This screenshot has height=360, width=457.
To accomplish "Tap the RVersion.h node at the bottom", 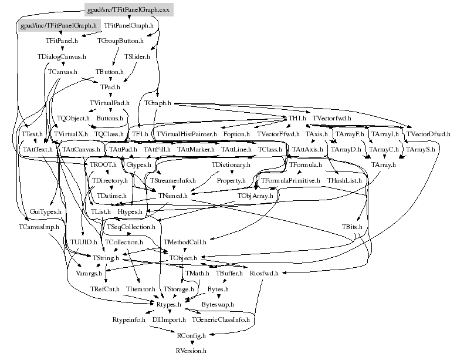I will click(x=191, y=351).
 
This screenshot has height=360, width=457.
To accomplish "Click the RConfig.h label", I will click(x=191, y=335).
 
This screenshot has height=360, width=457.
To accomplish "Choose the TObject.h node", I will click(x=187, y=258).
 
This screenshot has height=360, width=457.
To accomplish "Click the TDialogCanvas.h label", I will click(x=62, y=56).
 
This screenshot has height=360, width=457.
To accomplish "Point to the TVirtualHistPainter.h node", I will click(x=187, y=134).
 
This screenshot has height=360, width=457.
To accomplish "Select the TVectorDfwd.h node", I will click(x=428, y=134).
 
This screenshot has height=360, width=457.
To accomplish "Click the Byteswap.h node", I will click(x=218, y=305).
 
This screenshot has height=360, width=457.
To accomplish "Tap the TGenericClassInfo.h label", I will click(x=221, y=320).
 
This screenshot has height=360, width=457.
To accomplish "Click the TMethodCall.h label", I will click(x=185, y=242).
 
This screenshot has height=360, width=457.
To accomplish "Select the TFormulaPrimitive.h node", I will click(x=290, y=180).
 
